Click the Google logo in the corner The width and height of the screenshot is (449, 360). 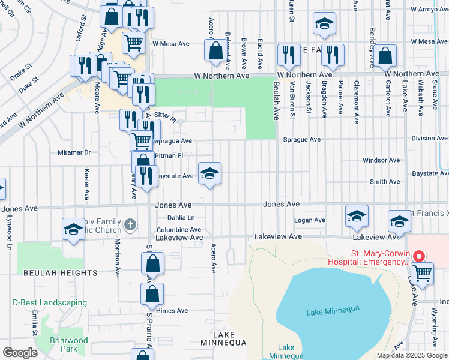(x=20, y=353)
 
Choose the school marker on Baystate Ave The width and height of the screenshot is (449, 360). (x=209, y=175)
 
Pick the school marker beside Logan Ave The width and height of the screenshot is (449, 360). (x=357, y=217)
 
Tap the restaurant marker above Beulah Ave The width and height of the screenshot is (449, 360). (x=289, y=55)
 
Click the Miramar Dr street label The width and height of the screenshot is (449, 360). (x=74, y=152)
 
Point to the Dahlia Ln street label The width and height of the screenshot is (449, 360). (x=181, y=218)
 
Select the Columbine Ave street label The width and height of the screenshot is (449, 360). (x=179, y=229)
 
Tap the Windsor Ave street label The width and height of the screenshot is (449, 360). (x=381, y=160)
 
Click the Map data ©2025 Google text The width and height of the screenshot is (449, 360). (x=412, y=355)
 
